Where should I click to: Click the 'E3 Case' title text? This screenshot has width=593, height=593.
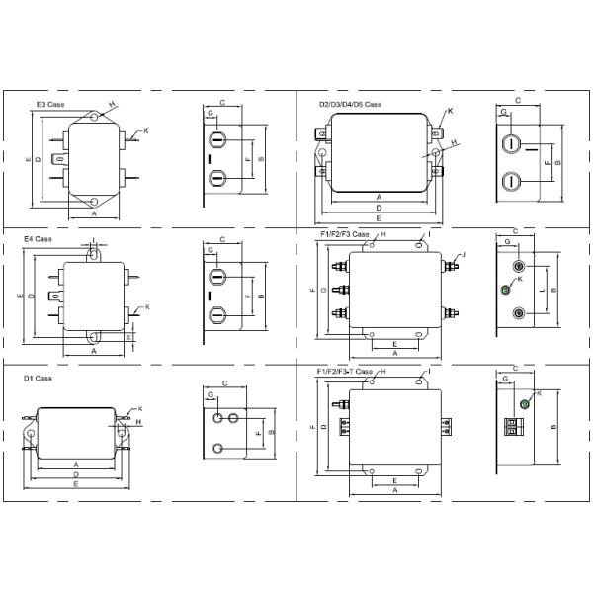51,104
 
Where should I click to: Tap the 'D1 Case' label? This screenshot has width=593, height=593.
38,378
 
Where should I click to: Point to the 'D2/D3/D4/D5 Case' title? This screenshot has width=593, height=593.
350,104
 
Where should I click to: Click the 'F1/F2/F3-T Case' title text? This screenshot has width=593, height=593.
344,371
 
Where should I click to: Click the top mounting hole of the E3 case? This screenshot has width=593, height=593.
94,118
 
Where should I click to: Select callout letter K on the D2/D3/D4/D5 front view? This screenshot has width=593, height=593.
450,112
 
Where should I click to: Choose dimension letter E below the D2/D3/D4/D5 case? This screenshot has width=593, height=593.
379,217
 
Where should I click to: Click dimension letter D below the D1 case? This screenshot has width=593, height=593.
76,474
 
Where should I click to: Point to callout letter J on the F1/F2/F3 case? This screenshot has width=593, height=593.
464,255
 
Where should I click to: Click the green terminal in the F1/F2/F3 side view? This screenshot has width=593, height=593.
506,289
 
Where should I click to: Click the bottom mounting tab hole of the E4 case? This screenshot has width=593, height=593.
95,337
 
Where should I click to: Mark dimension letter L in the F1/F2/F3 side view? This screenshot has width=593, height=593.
544,290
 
